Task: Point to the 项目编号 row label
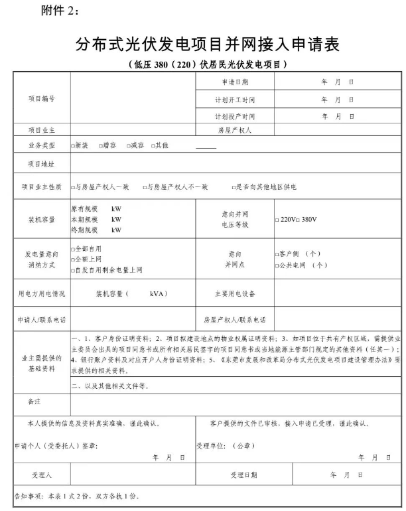point(41,99)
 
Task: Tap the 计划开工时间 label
point(235,100)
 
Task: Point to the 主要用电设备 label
point(235,293)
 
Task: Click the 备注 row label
point(34,402)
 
